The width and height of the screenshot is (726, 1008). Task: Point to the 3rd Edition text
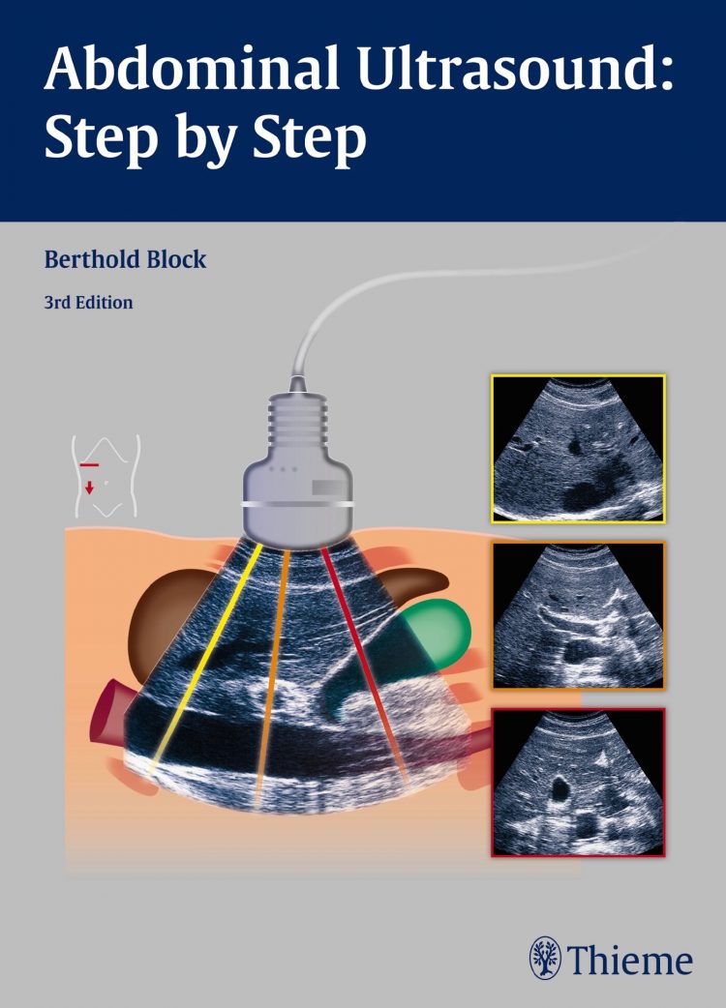point(88,302)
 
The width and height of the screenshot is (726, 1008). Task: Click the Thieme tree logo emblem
point(545,958)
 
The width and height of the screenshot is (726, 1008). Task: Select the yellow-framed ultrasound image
point(578,449)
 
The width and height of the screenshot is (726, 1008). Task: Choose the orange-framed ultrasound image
point(578,615)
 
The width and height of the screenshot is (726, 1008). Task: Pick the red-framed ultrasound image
point(578,783)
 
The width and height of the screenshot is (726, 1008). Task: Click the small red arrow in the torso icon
point(89,488)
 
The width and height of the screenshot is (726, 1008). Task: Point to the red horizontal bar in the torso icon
point(89,463)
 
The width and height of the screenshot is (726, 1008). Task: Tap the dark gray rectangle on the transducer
point(330,488)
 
